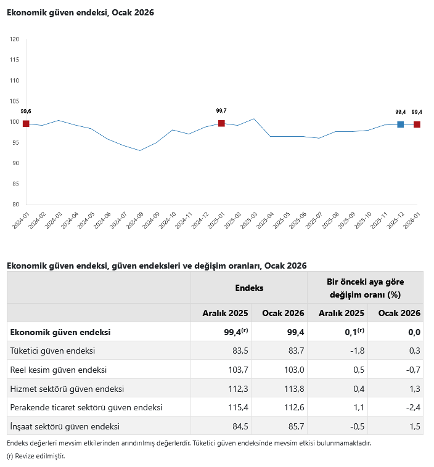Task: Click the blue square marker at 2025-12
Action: coord(401,124)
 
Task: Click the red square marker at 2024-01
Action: coord(26,124)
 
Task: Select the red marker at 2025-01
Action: coord(221,123)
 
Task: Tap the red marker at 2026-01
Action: coord(417,124)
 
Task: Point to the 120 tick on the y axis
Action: coord(15,39)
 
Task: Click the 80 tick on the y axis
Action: coord(15,205)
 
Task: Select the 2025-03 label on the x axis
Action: coord(250,221)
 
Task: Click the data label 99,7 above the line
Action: coord(221,111)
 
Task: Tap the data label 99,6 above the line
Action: coord(26,111)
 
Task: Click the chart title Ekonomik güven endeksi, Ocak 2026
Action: coord(80,12)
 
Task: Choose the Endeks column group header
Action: coord(249,288)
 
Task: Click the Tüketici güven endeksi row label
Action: coord(52,351)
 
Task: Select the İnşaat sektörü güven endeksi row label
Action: coord(65,426)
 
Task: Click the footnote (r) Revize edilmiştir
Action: coord(36,456)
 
